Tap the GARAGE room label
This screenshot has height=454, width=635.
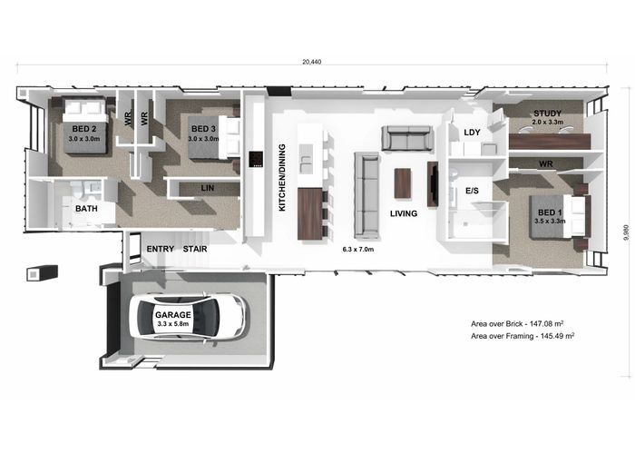pyautogui.click(x=172, y=315)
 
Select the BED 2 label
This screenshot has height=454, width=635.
pyautogui.click(x=86, y=129)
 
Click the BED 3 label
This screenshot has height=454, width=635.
pyautogui.click(x=203, y=129)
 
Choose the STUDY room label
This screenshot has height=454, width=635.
pyautogui.click(x=547, y=113)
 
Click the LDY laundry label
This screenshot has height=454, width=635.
pyautogui.click(x=472, y=133)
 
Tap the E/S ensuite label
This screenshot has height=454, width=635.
pyautogui.click(x=472, y=192)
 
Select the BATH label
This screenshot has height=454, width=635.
pyautogui.click(x=86, y=208)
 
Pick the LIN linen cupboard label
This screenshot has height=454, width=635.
pyautogui.click(x=208, y=188)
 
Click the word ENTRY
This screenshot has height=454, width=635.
pyautogui.click(x=161, y=247)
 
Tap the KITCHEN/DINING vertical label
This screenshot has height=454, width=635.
pyautogui.click(x=282, y=177)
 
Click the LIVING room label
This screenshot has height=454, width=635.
pyautogui.click(x=404, y=213)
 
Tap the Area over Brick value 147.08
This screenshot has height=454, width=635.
pyautogui.click(x=550, y=322)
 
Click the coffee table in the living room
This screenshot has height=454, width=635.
pyautogui.click(x=403, y=184)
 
